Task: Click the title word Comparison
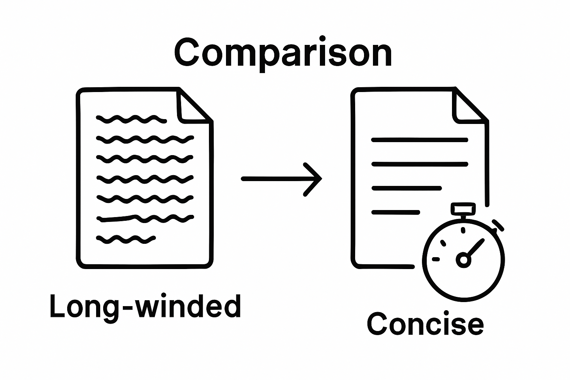283,54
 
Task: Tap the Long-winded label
145,307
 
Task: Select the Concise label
425,324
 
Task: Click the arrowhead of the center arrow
315,179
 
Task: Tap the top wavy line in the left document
131,119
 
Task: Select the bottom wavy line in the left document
125,239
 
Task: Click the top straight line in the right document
419,140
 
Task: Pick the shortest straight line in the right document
396,213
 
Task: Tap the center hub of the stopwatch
463,259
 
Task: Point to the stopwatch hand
475,248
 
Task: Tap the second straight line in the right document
419,164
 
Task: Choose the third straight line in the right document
407,188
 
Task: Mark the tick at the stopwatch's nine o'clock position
436,259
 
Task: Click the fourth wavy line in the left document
145,179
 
